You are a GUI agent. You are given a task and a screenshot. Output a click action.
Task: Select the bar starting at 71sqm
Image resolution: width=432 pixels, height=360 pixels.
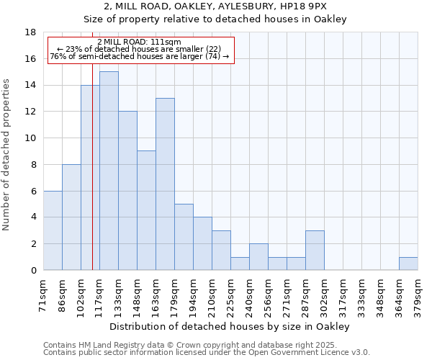pos(53,230)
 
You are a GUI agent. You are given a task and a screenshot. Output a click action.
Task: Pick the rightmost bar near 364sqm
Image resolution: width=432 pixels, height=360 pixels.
pos(408,264)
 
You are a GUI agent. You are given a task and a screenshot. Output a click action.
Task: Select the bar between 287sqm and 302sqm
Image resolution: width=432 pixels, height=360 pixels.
pos(315,250)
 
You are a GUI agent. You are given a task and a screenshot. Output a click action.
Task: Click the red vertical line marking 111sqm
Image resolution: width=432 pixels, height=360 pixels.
pos(92,180)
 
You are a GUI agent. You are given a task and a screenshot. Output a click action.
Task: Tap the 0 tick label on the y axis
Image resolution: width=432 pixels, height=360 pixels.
pos(33,271)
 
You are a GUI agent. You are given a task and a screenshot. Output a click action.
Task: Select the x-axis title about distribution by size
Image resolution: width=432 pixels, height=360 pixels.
pos(230,326)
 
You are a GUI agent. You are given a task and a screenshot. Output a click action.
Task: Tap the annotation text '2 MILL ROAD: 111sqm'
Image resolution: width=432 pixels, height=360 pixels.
pos(139,42)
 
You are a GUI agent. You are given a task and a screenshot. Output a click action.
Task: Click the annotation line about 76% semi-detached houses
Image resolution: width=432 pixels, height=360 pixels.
pos(140,56)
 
